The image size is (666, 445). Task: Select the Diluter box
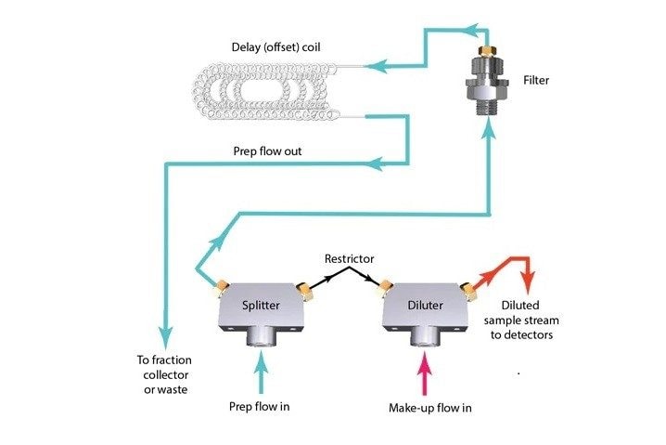click(423, 304)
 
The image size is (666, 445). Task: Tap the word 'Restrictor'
click(349, 258)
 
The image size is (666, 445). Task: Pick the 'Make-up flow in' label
click(428, 407)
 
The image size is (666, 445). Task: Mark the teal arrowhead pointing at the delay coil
click(372, 66)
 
